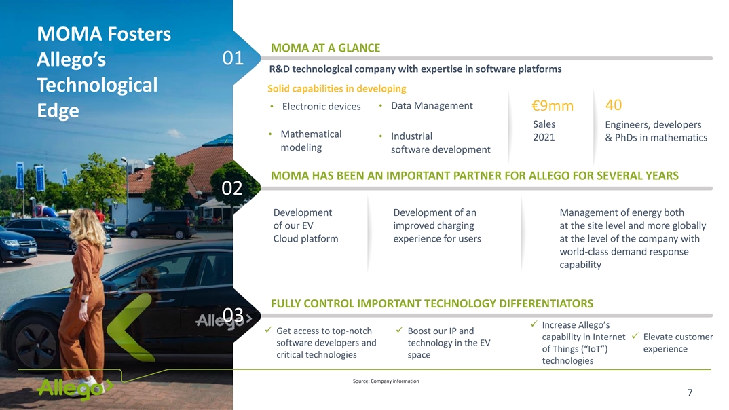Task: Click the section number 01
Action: tap(233, 58)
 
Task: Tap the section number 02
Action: tap(232, 188)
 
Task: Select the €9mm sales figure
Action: tap(553, 106)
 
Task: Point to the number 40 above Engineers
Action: tap(613, 105)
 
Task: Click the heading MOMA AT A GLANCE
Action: tap(325, 48)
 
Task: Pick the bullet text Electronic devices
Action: tap(321, 107)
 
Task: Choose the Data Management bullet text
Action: tap(432, 106)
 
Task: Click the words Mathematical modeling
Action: tap(311, 141)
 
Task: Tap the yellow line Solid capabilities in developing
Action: tap(337, 88)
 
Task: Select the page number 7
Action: tap(690, 393)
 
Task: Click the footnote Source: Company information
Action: tap(386, 381)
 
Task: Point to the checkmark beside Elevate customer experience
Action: tap(635, 335)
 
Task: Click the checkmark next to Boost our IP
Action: tap(399, 330)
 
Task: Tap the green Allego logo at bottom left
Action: tap(75, 388)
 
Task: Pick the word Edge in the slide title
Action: tap(58, 111)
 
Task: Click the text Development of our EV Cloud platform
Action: tap(305, 225)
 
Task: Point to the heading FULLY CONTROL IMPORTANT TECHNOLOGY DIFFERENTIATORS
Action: tap(432, 303)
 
